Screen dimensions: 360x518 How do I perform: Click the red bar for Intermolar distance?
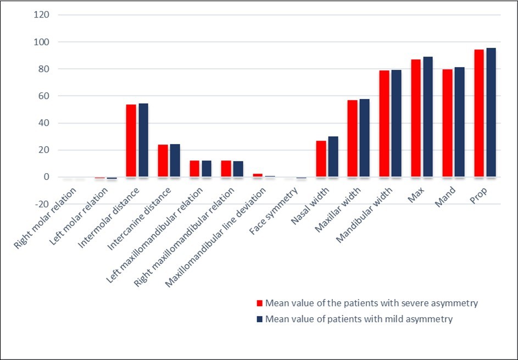(131, 141)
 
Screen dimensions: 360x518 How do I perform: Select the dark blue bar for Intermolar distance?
(143, 140)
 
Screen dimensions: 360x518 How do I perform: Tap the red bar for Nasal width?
(321, 159)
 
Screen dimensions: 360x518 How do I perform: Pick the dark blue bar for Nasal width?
(333, 157)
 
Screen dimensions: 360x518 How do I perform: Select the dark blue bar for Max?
(428, 117)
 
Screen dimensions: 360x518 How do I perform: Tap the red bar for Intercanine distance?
(163, 160)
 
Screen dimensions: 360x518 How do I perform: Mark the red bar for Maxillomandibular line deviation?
(258, 175)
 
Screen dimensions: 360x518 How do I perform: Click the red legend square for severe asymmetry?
(260, 303)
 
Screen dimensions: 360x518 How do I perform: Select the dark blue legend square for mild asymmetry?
(260, 319)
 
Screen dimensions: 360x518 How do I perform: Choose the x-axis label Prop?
(480, 197)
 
